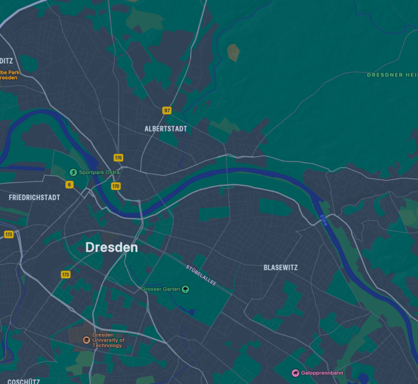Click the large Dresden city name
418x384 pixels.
pyautogui.click(x=112, y=247)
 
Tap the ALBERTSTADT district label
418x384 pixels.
pyautogui.click(x=166, y=129)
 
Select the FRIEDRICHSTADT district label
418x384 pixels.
pyautogui.click(x=34, y=197)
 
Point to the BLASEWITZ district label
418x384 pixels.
pyautogui.click(x=280, y=267)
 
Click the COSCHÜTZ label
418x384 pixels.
pyautogui.click(x=24, y=381)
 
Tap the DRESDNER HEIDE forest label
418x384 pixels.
pyautogui.click(x=392, y=75)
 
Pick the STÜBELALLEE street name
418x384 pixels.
pyautogui.click(x=201, y=275)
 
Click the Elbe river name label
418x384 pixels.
pyautogui.click(x=323, y=220)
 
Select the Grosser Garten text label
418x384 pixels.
pyautogui.click(x=161, y=289)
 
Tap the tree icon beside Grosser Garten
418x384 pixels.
pyautogui.click(x=185, y=289)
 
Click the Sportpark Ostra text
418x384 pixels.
pyautogui.click(x=99, y=172)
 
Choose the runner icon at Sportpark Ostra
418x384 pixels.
pyautogui.click(x=73, y=172)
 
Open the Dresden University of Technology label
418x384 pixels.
pyautogui.click(x=108, y=340)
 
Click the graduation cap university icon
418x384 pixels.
pyautogui.click(x=86, y=340)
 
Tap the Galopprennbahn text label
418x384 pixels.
pyautogui.click(x=322, y=373)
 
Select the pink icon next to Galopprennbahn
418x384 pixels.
pyautogui.click(x=295, y=373)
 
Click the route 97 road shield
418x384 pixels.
pyautogui.click(x=167, y=111)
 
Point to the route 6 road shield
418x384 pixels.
pyautogui.click(x=69, y=185)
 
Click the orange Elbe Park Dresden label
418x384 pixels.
pyautogui.click(x=9, y=75)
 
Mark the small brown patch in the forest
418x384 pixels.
pyautogui.click(x=233, y=52)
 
